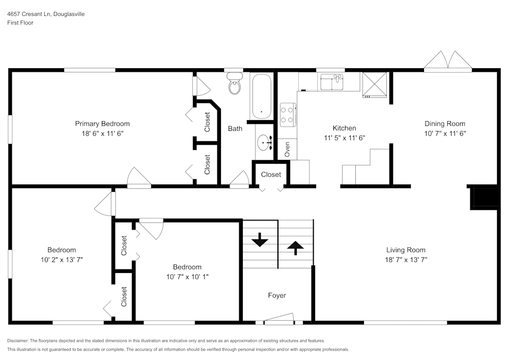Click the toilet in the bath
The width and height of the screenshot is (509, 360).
(x=235, y=85)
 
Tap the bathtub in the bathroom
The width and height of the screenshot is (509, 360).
(x=261, y=96)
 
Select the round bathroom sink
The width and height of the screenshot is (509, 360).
(x=264, y=143)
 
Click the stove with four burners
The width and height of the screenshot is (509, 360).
(x=288, y=114)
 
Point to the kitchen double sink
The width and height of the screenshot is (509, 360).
(x=331, y=81)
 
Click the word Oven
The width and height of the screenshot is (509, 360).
(x=287, y=149)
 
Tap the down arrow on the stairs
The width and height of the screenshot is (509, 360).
(x=260, y=240)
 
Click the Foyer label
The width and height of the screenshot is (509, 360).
(x=277, y=295)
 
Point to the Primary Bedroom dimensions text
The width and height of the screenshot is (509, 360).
(x=102, y=133)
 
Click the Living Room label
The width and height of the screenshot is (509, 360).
(x=406, y=250)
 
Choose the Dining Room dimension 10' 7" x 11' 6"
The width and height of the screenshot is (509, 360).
(x=445, y=133)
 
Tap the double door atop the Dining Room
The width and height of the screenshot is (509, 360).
(x=447, y=61)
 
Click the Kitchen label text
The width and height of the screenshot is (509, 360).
(x=344, y=128)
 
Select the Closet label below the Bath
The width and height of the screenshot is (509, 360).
(x=271, y=174)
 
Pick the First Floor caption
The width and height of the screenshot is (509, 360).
(x=20, y=23)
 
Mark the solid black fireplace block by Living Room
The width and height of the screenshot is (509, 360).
(x=484, y=198)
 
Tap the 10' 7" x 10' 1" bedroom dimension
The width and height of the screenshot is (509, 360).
(x=187, y=277)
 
